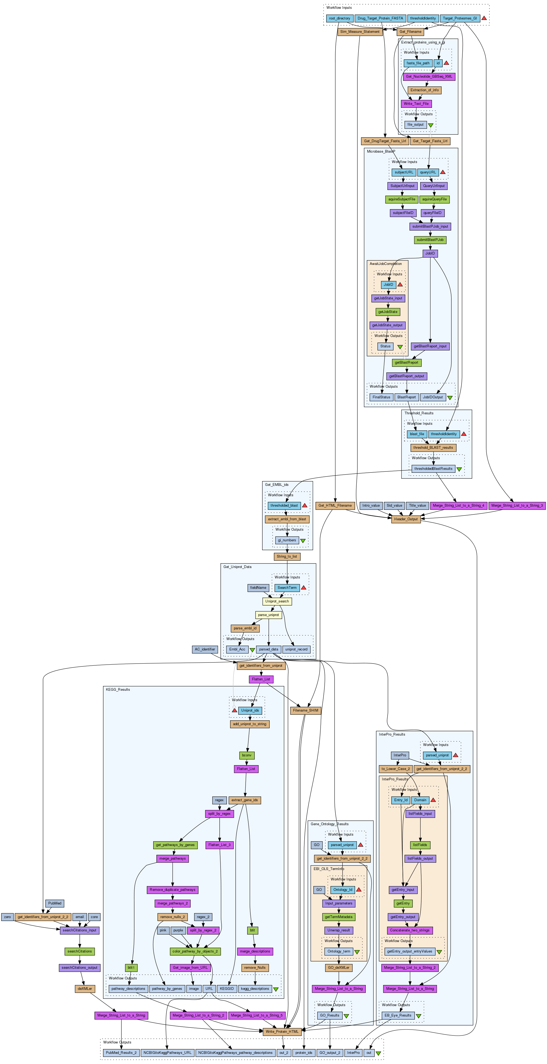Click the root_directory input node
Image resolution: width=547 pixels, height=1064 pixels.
pyautogui.click(x=339, y=18)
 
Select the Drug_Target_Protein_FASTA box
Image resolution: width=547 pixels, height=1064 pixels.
pyautogui.click(x=380, y=18)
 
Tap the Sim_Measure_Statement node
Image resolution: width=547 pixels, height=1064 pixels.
pyautogui.click(x=360, y=32)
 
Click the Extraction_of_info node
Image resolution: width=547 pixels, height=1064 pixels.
pyautogui.click(x=424, y=90)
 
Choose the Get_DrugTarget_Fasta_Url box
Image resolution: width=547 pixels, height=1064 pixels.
pyautogui.click(x=385, y=141)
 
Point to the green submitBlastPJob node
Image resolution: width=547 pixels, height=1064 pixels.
pyautogui.click(x=430, y=240)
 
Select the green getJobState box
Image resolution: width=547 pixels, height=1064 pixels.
pyautogui.click(x=388, y=312)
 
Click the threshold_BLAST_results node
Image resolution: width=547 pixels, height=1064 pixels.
pyautogui.click(x=433, y=448)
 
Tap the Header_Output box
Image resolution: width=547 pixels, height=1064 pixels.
pyautogui.click(x=406, y=519)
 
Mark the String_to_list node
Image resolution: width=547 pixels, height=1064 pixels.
pyautogui.click(x=287, y=556)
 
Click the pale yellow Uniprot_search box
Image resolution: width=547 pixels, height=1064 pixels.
pyautogui.click(x=277, y=601)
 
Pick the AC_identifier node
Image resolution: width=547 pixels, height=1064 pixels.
pyautogui.click(x=204, y=649)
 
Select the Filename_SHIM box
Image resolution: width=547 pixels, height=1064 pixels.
pyautogui.click(x=305, y=710)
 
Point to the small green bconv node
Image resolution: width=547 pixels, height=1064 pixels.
pyautogui.click(x=247, y=756)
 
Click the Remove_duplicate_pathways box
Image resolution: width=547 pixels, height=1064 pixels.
pyautogui.click(x=172, y=890)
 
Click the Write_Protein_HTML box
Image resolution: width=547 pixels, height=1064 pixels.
pyautogui.click(x=282, y=1031)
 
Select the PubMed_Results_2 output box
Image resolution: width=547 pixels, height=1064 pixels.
pyautogui.click(x=121, y=1053)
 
